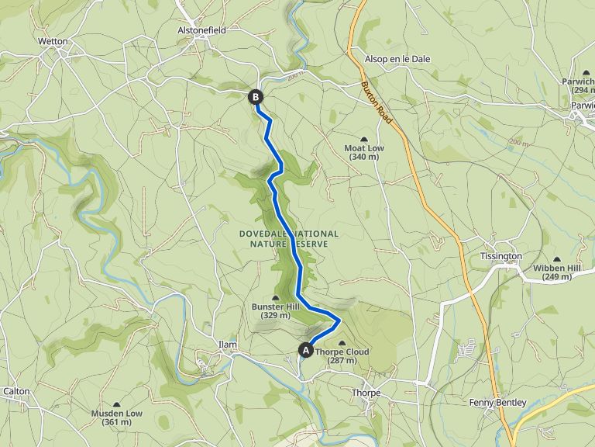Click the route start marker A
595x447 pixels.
pos(305,351)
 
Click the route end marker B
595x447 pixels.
pos(256,97)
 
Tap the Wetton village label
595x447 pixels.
pos(53,41)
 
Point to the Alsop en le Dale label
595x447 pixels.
pos(397,59)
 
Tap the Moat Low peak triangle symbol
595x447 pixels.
pos(364,138)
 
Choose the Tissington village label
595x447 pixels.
pos(500,256)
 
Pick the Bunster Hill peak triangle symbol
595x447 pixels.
pos(276,298)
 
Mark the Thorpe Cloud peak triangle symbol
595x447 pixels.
pos(342,343)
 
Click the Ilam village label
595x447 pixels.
pos(227,345)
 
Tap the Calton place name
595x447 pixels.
pos(16,391)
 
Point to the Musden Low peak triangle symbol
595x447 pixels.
pos(117,404)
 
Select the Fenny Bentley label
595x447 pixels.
pos(497,403)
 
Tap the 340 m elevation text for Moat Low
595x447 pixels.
pos(364,157)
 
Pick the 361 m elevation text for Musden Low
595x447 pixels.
pos(117,423)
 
